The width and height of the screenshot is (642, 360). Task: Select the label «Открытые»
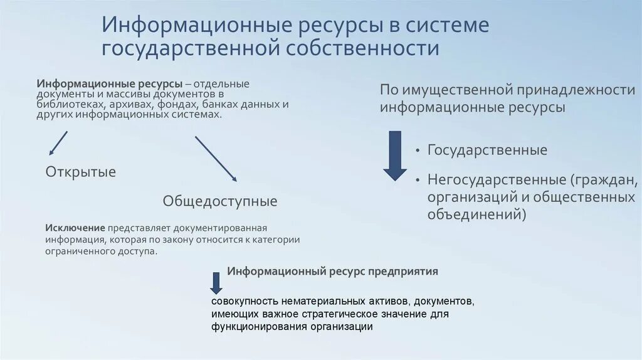(x=81, y=171)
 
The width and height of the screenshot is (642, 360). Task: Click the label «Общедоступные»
(x=220, y=201)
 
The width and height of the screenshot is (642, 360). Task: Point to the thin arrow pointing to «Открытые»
(x=58, y=143)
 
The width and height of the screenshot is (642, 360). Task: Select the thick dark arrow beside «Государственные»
(x=395, y=156)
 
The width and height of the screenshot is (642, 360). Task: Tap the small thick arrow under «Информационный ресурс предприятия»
(x=216, y=283)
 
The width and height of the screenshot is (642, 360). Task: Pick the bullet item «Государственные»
(x=487, y=151)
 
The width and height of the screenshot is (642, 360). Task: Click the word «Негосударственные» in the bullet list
(x=496, y=179)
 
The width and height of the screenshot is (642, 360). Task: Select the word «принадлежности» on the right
(x=574, y=90)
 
